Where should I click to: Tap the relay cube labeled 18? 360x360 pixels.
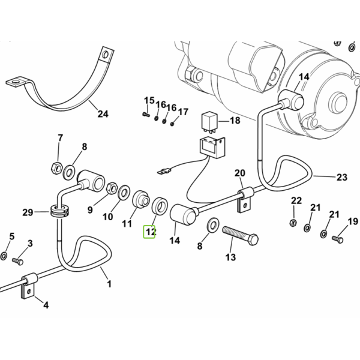(209, 121)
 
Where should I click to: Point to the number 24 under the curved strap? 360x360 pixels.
(103, 114)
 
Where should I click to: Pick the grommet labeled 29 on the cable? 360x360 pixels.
(59, 211)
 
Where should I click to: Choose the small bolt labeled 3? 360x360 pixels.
(17, 261)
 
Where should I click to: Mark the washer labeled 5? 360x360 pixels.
(4, 256)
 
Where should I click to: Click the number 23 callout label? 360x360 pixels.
(342, 177)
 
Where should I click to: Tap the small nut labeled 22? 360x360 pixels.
(293, 222)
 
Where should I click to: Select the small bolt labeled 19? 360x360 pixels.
(337, 239)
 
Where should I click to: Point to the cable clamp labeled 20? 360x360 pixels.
(245, 199)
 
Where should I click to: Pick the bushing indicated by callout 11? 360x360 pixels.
(141, 200)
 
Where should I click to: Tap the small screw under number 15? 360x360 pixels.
(146, 114)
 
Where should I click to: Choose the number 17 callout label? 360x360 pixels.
(183, 112)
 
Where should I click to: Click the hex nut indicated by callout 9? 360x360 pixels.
(112, 188)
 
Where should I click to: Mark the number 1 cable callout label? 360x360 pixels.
(109, 284)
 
